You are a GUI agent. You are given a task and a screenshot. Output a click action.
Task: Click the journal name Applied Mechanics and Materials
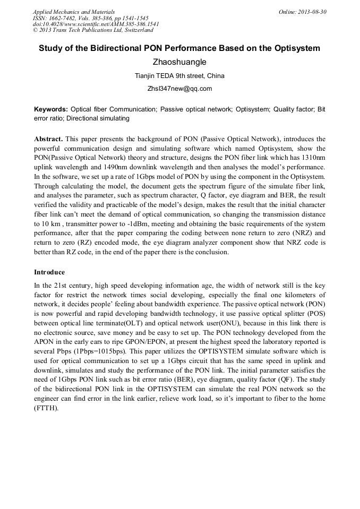[74, 12]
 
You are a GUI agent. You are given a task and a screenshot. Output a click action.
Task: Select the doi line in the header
[96, 24]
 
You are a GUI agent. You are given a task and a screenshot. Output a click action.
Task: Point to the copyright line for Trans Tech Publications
[93, 30]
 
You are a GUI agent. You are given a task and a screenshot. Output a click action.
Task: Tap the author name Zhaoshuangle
[179, 62]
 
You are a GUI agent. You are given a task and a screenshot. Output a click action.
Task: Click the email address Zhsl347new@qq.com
[179, 89]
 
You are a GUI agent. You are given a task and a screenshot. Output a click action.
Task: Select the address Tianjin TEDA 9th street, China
[179, 76]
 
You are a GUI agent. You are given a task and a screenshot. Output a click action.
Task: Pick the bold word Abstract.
[48, 139]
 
